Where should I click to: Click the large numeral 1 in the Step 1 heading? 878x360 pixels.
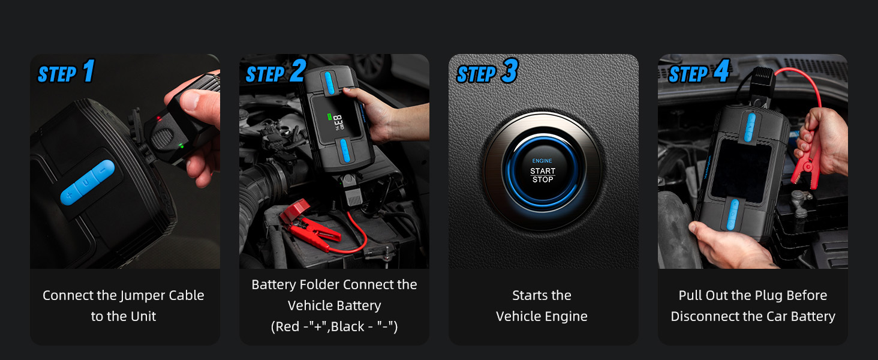(89, 71)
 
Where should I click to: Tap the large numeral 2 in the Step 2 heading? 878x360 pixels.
(298, 70)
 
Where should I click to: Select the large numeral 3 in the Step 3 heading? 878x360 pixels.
(510, 71)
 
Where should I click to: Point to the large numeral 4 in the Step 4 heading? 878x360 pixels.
(721, 71)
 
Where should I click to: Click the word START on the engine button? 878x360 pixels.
(543, 170)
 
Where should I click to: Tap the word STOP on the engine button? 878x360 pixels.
(543, 179)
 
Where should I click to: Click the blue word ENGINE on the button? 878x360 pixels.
(542, 161)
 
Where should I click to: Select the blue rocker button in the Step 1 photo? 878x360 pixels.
(88, 182)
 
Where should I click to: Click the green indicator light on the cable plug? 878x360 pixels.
(181, 146)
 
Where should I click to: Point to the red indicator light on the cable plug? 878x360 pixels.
(158, 118)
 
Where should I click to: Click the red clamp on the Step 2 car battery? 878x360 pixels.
(310, 226)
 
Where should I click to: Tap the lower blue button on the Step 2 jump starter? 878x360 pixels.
(345, 151)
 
